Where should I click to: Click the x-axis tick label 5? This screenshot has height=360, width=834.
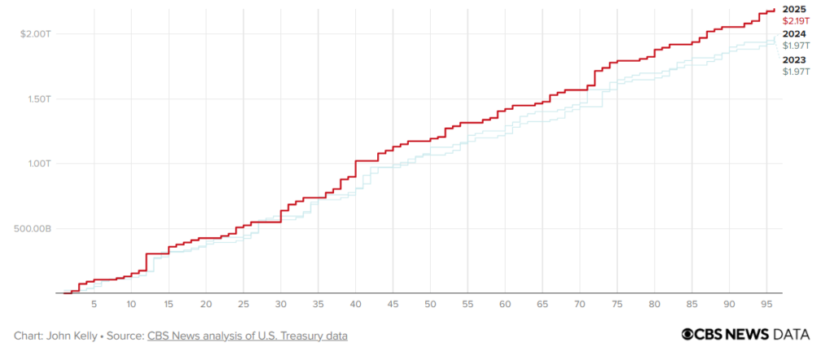click(94, 304)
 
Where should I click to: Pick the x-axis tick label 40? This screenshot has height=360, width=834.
click(356, 304)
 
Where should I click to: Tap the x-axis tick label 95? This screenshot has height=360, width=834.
click(767, 304)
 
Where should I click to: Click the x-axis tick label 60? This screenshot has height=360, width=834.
click(506, 304)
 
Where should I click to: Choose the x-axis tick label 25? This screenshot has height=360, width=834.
click(244, 304)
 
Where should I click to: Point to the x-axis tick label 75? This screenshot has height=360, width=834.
click(618, 304)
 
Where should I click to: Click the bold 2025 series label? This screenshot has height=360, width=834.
click(794, 7)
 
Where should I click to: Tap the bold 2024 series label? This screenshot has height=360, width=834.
click(794, 34)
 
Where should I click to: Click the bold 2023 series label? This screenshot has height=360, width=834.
click(794, 60)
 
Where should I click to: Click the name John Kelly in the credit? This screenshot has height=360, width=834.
click(74, 336)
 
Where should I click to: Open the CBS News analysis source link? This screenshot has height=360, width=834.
click(248, 336)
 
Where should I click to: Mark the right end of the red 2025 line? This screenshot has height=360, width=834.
click(774, 10)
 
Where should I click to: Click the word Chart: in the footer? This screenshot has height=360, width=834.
click(29, 336)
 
